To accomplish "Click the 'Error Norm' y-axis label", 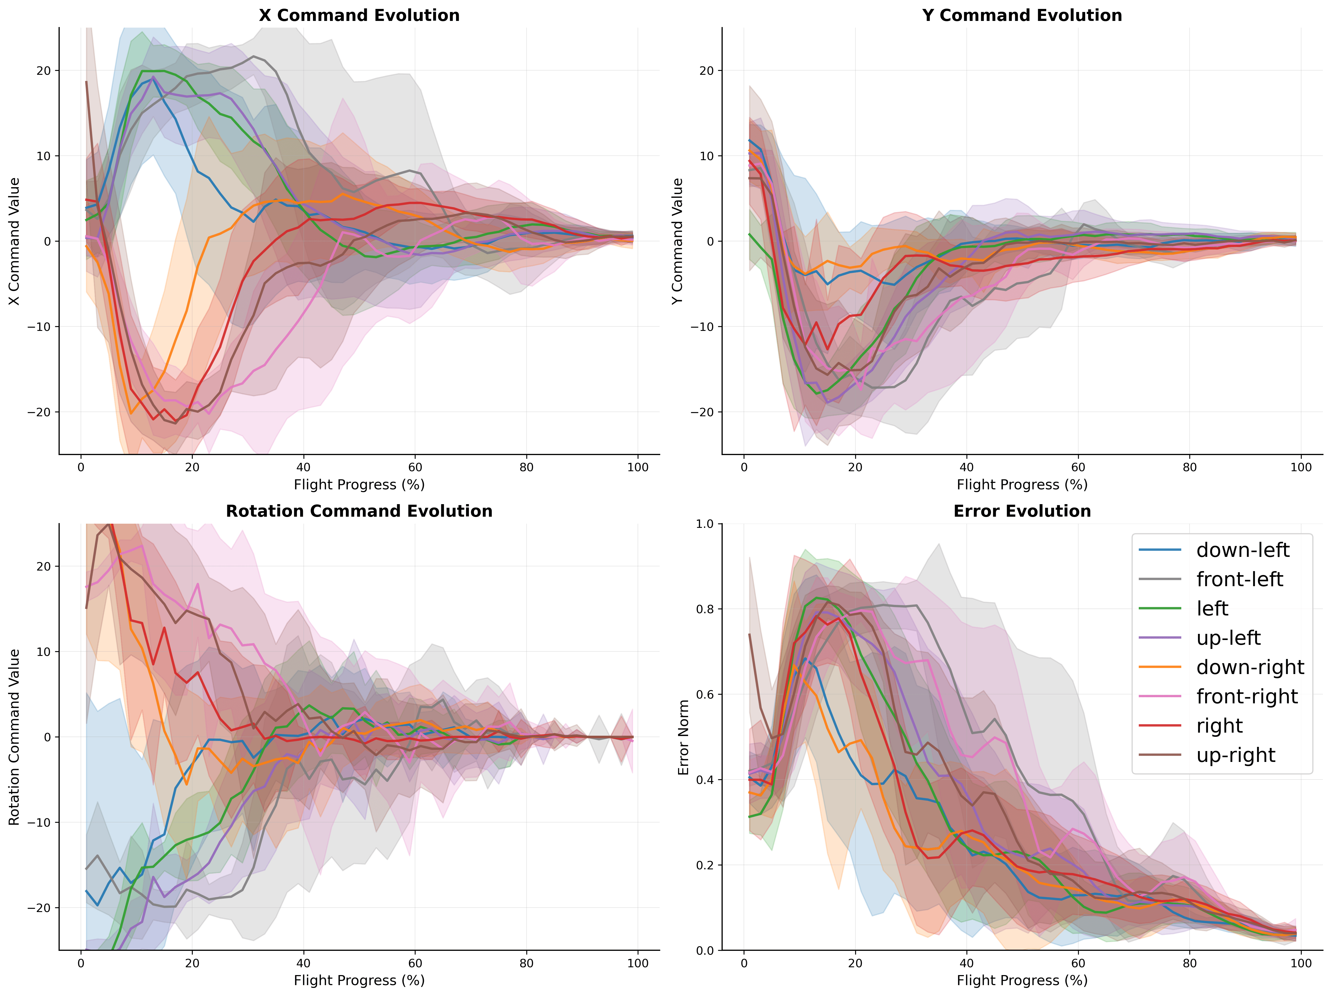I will point(684,737).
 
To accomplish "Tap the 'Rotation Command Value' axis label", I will point(15,737).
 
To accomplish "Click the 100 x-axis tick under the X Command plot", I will point(638,468).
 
